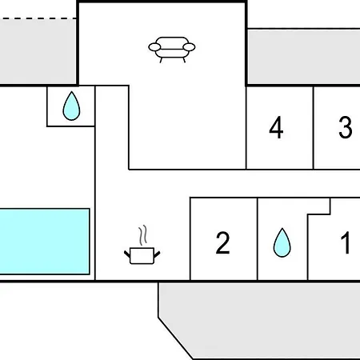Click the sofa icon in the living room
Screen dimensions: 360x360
[x=172, y=50]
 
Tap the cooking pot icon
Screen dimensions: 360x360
[x=142, y=256]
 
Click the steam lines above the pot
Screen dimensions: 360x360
[x=143, y=235]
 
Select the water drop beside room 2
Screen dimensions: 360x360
[x=282, y=242]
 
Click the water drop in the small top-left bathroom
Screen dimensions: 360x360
[x=71, y=106]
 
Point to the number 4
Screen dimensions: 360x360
[x=276, y=127]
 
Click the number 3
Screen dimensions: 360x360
[x=346, y=127]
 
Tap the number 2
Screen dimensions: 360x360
[x=222, y=242]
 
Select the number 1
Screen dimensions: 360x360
[x=346, y=242]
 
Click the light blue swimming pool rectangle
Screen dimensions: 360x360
[x=45, y=242]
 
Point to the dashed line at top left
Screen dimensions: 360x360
[x=38, y=18]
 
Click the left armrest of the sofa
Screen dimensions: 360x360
[x=154, y=47]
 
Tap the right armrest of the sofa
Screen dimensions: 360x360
[x=189, y=47]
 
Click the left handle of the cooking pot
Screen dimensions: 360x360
[x=127, y=254]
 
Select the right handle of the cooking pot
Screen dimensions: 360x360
[x=157, y=254]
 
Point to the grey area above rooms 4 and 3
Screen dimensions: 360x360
[x=303, y=57]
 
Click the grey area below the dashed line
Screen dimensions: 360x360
[x=38, y=51]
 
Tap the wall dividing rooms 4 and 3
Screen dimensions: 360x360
[x=314, y=127]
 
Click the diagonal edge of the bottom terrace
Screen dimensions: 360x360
[x=175, y=338]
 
